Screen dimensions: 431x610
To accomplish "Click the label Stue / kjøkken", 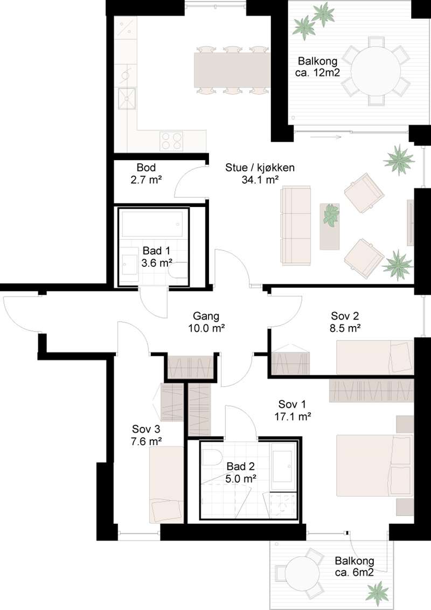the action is pyautogui.click(x=260, y=168).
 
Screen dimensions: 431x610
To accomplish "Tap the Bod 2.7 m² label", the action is pyautogui.click(x=146, y=174).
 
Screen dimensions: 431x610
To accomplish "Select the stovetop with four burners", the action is pyautogui.click(x=171, y=141).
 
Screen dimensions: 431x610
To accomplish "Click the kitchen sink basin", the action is pyautogui.click(x=127, y=99).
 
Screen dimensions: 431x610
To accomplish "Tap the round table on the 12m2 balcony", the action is pyautogui.click(x=376, y=71).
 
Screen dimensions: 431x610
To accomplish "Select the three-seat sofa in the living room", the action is pyautogui.click(x=296, y=226).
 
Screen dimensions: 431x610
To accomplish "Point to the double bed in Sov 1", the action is pyautogui.click(x=374, y=465).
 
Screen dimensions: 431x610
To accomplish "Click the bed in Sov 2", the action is pyautogui.click(x=374, y=357).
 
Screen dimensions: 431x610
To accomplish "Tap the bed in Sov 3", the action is pyautogui.click(x=166, y=485).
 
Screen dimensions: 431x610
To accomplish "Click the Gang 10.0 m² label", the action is pyautogui.click(x=206, y=322).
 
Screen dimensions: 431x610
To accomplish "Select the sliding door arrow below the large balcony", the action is pyautogui.click(x=326, y=137).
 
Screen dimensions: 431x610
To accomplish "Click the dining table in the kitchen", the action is pyautogui.click(x=232, y=71).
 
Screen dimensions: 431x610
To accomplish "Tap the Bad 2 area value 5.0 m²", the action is pyautogui.click(x=240, y=478).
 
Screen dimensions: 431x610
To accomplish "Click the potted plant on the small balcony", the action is pyautogui.click(x=377, y=593).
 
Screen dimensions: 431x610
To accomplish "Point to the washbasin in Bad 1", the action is pyautogui.click(x=129, y=265).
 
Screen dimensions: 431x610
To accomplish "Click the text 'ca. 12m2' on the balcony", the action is pyautogui.click(x=318, y=72).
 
